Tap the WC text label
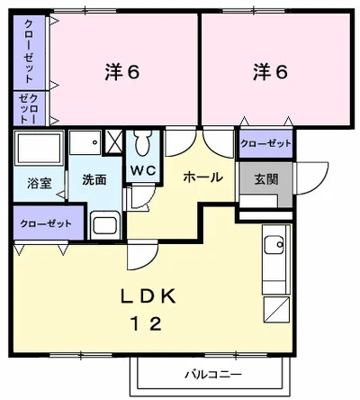coord(142,171)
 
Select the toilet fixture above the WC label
coord(143,144)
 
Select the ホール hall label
coord(202,177)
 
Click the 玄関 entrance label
coord(265,178)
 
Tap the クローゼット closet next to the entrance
coord(265,144)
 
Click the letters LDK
coord(148,298)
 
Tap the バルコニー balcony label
coord(213,374)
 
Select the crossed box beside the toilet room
coord(114,141)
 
